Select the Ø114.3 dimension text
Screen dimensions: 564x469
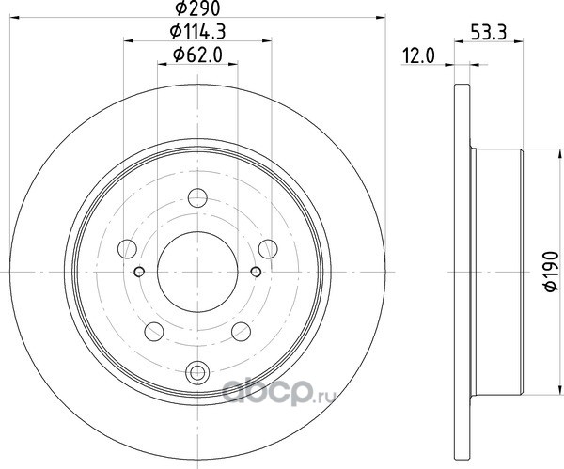tap(197, 32)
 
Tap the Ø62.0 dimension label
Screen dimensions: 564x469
tap(197, 55)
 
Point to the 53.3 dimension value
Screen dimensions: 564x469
tap(489, 33)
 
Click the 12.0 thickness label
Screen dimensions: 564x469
tap(418, 56)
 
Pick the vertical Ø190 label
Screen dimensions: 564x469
tap(552, 272)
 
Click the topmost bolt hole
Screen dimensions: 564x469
tap(197, 197)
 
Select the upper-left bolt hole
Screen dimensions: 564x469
tap(127, 249)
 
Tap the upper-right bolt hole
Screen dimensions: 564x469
tap(268, 249)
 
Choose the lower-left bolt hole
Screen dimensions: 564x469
tap(154, 332)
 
